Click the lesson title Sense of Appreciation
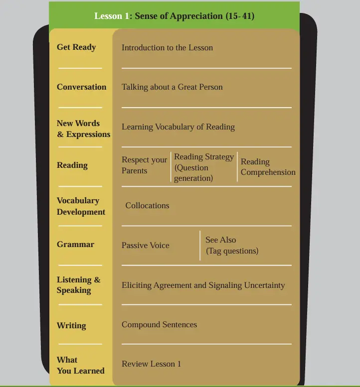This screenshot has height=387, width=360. (179, 16)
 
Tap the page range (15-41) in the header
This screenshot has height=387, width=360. (240, 16)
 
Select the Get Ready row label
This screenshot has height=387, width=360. (76, 47)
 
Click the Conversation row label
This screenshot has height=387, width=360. (82, 87)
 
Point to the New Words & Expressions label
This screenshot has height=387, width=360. (83, 129)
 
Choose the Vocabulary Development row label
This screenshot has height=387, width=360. (81, 206)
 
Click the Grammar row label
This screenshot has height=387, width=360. (76, 245)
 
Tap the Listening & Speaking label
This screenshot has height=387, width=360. (79, 285)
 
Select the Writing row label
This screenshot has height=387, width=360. (71, 326)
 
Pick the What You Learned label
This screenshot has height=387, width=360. (81, 365)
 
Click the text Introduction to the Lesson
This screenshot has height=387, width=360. (167, 47)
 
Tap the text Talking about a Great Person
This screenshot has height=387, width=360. (172, 87)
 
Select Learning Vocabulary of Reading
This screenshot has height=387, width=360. (178, 127)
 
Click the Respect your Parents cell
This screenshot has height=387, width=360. (145, 165)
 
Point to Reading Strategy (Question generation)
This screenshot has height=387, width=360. (204, 167)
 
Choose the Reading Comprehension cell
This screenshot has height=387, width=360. (268, 167)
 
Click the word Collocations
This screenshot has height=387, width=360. (147, 205)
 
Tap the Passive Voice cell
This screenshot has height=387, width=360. (146, 245)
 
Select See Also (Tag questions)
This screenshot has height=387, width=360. (232, 246)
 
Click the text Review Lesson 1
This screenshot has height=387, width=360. (151, 364)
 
